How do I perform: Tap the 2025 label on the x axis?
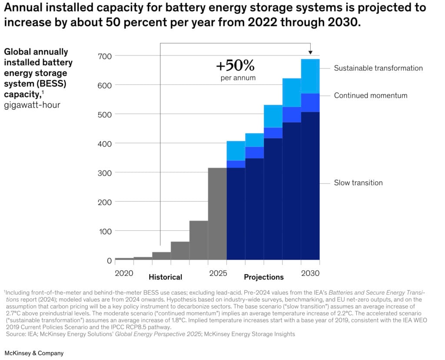point(217,273)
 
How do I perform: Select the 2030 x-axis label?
point(310,273)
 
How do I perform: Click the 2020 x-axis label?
point(124,273)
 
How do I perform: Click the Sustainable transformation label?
point(378,68)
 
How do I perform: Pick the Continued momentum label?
point(371,96)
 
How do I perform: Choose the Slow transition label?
point(358,183)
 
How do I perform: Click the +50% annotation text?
point(235,67)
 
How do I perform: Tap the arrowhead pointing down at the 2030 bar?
point(310,52)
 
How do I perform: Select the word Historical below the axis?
point(165,277)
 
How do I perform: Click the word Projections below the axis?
point(264,277)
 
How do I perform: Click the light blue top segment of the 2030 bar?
point(310,76)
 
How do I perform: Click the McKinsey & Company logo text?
point(34,353)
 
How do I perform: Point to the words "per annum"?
point(238,78)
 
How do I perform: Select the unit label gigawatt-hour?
point(33,105)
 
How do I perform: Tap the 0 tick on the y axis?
point(109,260)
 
